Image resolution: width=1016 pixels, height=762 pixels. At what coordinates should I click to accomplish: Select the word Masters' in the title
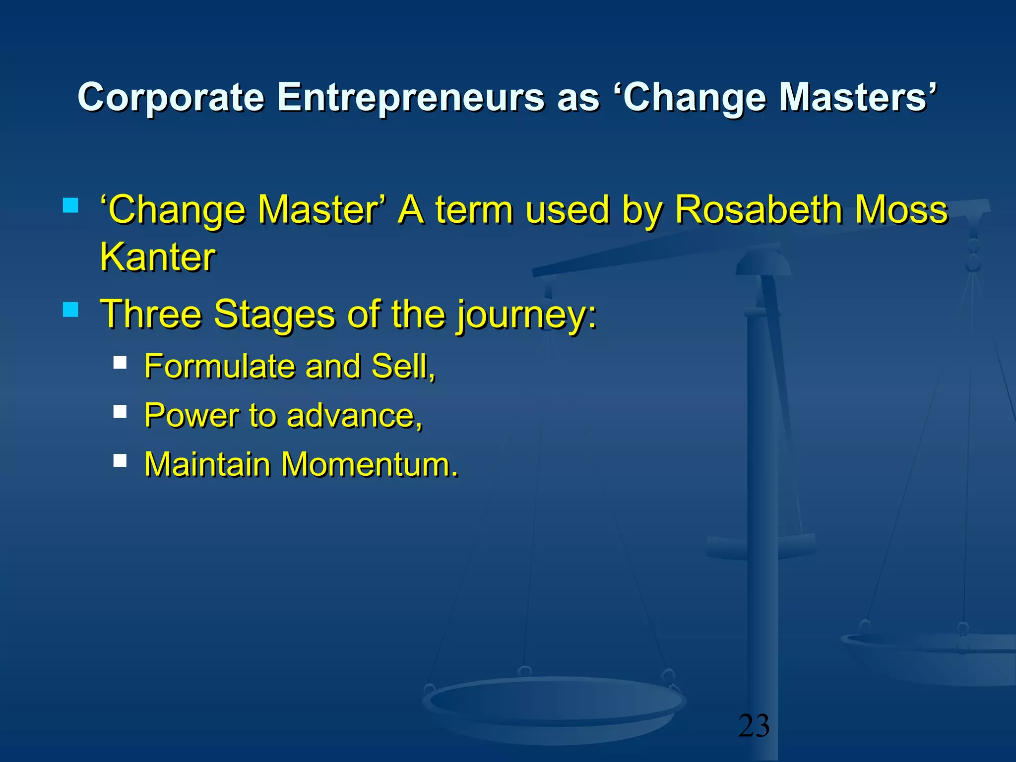click(x=858, y=97)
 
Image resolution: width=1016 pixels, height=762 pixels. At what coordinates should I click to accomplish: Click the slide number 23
click(x=754, y=726)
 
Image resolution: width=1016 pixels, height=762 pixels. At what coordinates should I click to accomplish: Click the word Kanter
click(x=158, y=257)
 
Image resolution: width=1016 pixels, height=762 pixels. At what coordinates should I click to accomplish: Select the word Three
click(x=151, y=314)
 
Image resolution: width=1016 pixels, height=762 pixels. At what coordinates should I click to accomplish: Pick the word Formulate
click(x=219, y=366)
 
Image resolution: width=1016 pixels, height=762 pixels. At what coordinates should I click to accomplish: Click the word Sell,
click(x=403, y=367)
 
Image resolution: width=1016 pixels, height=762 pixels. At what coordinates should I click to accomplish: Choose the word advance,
click(x=355, y=416)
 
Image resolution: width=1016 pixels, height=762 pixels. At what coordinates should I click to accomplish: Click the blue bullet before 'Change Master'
click(x=71, y=205)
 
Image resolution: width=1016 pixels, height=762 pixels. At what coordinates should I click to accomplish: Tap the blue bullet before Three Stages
click(x=71, y=310)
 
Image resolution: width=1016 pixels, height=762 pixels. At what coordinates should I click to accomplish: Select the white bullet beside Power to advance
click(x=120, y=411)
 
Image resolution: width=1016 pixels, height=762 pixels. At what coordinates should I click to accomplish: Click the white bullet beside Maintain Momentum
click(x=120, y=460)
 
